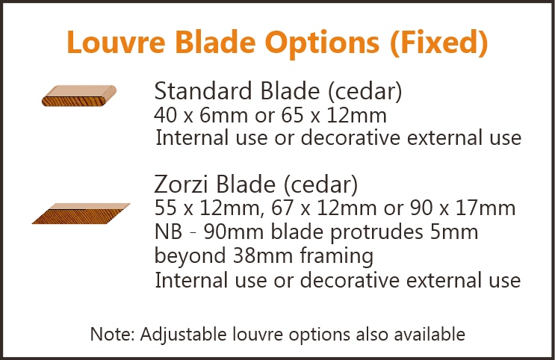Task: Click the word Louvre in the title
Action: (x=116, y=42)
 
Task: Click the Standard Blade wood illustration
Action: (x=79, y=96)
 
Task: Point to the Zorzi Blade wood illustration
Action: (x=81, y=214)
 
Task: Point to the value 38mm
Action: (x=263, y=255)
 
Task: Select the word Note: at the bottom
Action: (x=113, y=334)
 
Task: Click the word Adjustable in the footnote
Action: (x=183, y=335)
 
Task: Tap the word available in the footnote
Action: (x=430, y=334)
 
